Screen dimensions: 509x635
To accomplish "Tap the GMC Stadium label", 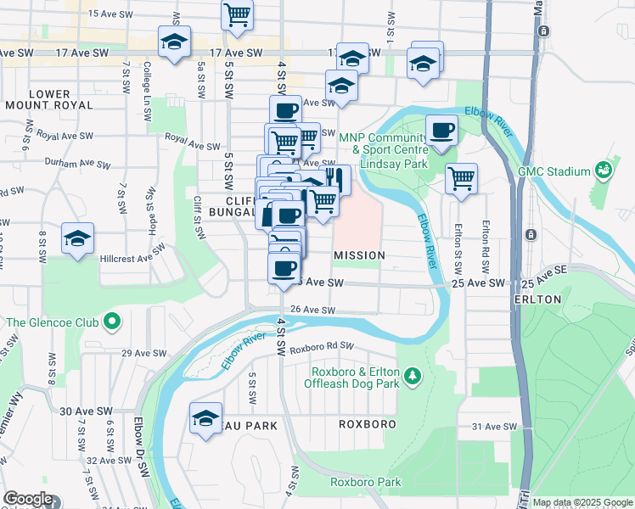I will point(554,171).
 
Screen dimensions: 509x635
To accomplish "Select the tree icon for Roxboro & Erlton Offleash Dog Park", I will point(412,374).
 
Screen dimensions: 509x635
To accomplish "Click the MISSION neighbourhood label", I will point(359,255).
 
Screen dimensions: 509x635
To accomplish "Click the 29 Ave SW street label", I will point(139,352).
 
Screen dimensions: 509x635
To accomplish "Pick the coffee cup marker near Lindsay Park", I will point(441,131).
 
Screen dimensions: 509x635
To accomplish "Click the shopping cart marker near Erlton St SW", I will point(461,179).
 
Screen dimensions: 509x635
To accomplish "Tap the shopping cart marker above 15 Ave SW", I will point(238,14).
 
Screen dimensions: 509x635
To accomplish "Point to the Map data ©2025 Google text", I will point(583,502).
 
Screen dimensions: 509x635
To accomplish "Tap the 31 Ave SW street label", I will point(494,427).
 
